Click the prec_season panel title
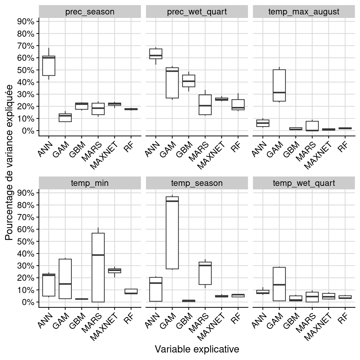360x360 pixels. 90,12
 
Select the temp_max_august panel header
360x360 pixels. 304,12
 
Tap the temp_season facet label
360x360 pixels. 197,183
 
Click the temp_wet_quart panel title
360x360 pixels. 304,183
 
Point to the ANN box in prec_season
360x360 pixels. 49,66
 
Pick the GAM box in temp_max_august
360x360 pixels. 279,85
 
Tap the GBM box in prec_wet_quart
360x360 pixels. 189,81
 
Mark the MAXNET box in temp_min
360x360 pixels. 114,271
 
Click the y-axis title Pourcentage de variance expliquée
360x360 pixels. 9,163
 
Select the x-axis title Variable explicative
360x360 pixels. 197,349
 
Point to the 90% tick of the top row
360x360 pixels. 26,22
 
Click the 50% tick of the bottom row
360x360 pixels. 26,242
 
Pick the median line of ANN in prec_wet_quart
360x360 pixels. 156,55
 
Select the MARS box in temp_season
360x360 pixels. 205,273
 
